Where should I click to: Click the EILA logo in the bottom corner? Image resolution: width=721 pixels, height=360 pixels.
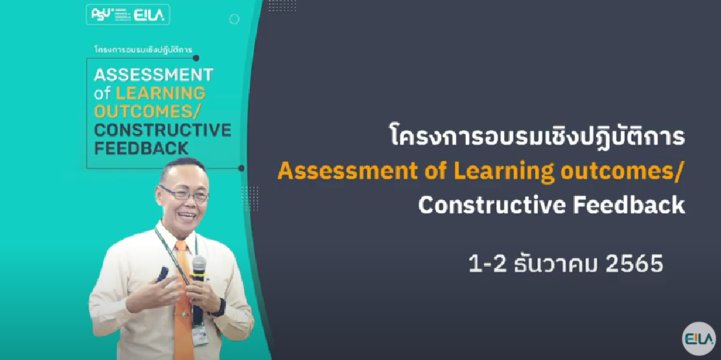pos(698,339)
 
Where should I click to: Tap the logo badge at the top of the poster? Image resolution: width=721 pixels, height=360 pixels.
pos(128,14)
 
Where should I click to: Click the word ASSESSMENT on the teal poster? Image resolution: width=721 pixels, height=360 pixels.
pos(154,75)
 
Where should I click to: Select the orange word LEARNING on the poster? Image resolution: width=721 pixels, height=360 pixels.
pos(161,93)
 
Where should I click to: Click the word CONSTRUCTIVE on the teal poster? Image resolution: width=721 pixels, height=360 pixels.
pos(163,130)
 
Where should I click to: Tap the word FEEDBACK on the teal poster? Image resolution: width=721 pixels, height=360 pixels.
pos(141,148)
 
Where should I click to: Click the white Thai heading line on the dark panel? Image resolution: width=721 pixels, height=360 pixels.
pos(536,136)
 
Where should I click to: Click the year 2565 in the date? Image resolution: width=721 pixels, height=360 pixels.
pos(635,263)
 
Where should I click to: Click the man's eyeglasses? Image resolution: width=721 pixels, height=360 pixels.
pos(183,193)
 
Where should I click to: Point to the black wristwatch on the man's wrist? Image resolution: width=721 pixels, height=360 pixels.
pos(220,307)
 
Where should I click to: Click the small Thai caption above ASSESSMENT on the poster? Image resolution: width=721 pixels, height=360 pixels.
pos(143,50)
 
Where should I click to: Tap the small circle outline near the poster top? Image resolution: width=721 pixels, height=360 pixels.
pos(235,19)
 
